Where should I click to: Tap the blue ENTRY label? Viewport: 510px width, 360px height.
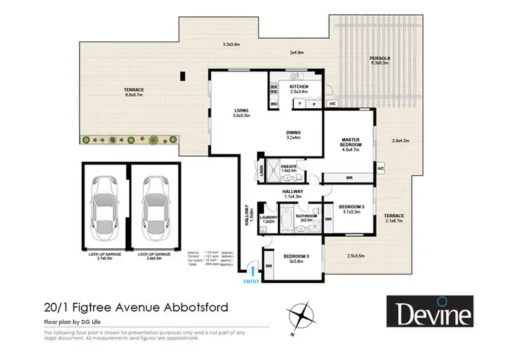(x=253, y=280)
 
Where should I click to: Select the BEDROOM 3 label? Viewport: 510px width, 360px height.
(x=352, y=207)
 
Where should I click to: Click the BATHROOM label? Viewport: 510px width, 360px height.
(x=303, y=217)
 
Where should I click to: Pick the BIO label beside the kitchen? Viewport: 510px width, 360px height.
(x=275, y=104)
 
